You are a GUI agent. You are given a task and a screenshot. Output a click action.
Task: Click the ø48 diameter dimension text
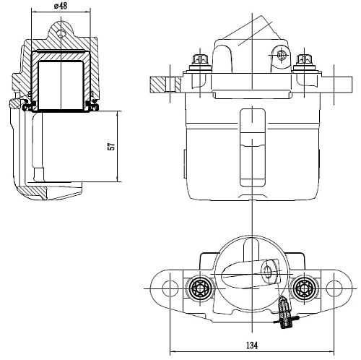pyautogui.click(x=61, y=6)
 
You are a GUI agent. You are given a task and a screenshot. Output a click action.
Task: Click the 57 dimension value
pyautogui.click(x=112, y=147)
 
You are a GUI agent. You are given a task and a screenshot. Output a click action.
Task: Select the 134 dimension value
pyautogui.click(x=252, y=346)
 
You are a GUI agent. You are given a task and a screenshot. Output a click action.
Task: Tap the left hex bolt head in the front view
pyautogui.click(x=200, y=59)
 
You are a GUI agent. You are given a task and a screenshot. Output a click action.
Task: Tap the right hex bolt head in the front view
pyautogui.click(x=305, y=59)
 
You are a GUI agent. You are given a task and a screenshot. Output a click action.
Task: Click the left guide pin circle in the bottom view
pyautogui.click(x=200, y=288)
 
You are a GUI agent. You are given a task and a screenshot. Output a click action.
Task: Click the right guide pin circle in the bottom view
pyautogui.click(x=304, y=288)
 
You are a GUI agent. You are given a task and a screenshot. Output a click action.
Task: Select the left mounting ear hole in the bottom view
pyautogui.click(x=170, y=288)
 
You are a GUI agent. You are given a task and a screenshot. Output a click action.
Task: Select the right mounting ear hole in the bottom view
pyautogui.click(x=334, y=288)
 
